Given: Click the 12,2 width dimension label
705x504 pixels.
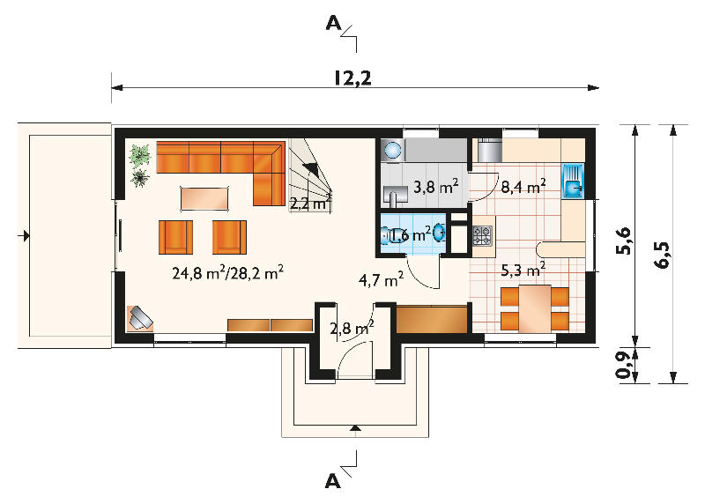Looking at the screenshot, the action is coord(352,78).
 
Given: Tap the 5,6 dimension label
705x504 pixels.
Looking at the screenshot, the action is coord(624,241).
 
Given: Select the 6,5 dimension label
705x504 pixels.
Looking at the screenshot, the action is coord(662,255).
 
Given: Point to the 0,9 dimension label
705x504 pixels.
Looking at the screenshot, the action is coord(623,365).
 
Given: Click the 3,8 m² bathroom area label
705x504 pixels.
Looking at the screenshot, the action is coord(435,186).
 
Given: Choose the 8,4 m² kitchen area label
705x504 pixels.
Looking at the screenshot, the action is coord(523,186).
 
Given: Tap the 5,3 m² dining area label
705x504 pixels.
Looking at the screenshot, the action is coord(523,270).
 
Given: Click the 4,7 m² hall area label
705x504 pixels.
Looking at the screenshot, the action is coord(381,279).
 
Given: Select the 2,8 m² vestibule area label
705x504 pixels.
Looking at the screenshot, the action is coord(352,328).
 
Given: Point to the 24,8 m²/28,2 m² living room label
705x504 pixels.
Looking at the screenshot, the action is coord(228,272).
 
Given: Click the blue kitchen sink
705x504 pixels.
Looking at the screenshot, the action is coord(573,181).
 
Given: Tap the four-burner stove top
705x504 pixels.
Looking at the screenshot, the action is coord(481,235).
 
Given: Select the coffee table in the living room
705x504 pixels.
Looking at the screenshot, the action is coord(205,198).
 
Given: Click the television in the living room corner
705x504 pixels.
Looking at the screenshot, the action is coord(141,317).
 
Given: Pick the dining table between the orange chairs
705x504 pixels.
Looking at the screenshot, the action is coord(535,308).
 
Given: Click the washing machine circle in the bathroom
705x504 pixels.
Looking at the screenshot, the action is coord(393,150).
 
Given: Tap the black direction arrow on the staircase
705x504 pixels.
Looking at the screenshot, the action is coord(313,170).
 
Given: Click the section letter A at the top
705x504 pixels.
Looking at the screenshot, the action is coord(334,23).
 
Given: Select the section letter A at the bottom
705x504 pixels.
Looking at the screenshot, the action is coord(332,481).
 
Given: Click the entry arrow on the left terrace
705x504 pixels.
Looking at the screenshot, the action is coord(25,235).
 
